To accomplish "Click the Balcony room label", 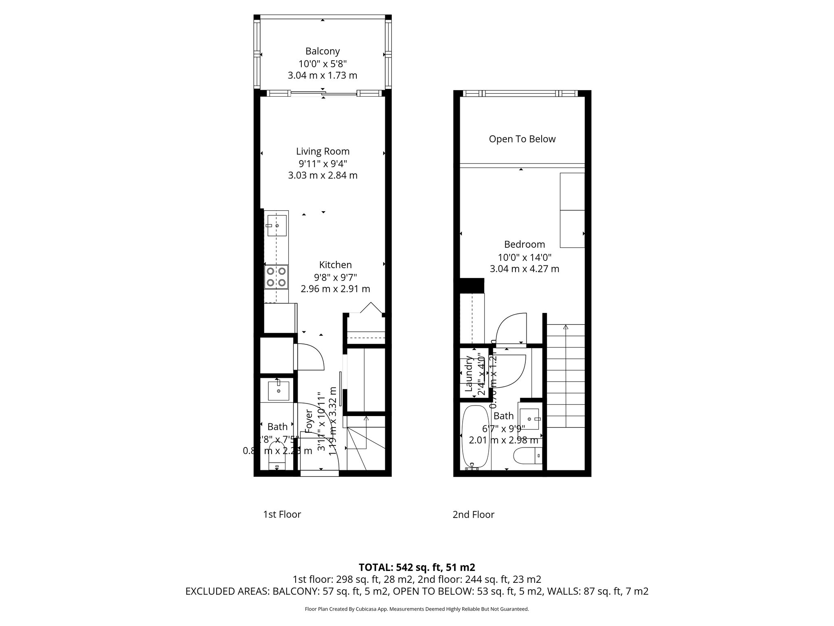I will tap(323, 51).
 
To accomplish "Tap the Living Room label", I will tap(323, 152).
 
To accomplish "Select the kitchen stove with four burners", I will tap(276, 277).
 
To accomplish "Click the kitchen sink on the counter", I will tap(277, 225).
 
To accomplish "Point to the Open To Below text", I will tap(522, 139).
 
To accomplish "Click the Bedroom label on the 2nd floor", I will tap(525, 245).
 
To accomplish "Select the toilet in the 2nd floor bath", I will tap(528, 456).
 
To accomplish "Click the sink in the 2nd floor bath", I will tap(529, 419).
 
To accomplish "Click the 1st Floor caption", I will tap(282, 515).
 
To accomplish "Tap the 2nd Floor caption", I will tap(473, 515).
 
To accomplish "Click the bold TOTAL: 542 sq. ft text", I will tap(417, 567).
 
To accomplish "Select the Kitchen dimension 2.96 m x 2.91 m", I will tap(335, 289).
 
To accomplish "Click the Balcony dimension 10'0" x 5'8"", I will tap(323, 64).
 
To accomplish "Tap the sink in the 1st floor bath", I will tap(279, 391).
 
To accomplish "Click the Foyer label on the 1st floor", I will tap(308, 421).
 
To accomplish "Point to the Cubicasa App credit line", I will tap(417, 609).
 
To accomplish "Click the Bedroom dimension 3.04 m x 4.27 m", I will tap(525, 269).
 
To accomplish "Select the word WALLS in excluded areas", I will tap(562, 591).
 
